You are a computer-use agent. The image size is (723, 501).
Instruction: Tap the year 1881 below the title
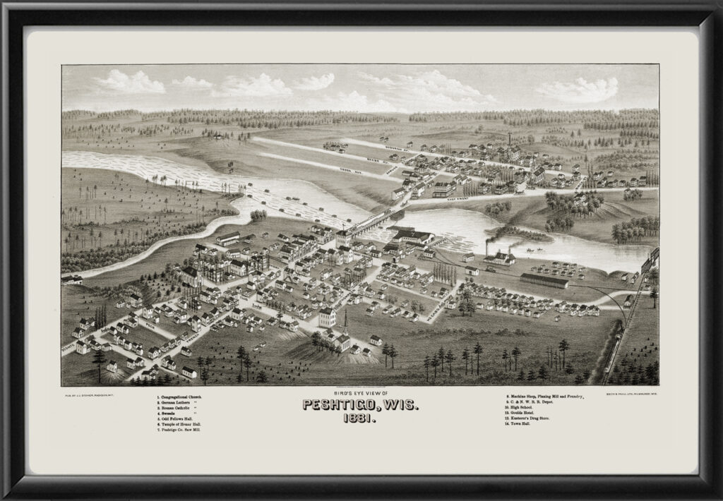361,418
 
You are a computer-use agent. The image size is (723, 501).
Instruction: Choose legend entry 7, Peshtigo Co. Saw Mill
184,429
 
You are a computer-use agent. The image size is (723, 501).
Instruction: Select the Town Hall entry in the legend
518,423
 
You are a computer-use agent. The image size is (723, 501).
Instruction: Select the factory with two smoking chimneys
498,255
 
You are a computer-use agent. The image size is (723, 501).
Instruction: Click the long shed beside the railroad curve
544,281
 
